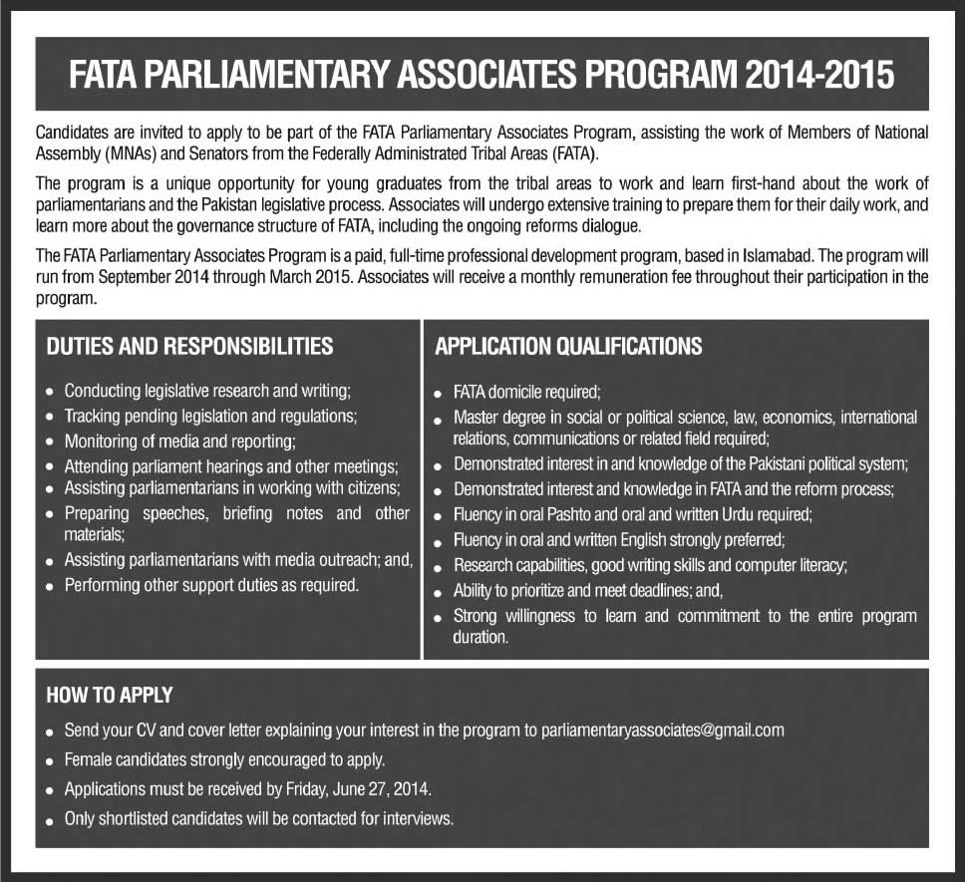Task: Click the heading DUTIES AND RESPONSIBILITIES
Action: tap(189, 347)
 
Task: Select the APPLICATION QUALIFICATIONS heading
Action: tap(568, 347)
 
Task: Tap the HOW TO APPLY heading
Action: tap(110, 695)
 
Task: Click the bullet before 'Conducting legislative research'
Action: tap(50, 393)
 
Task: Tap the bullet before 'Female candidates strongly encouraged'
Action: tap(50, 761)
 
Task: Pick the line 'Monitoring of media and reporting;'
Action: tap(180, 441)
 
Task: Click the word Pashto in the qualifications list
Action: tap(583, 515)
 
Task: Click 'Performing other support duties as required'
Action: tap(211, 585)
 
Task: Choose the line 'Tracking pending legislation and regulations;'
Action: tap(210, 417)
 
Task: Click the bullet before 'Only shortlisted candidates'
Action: tap(50, 821)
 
